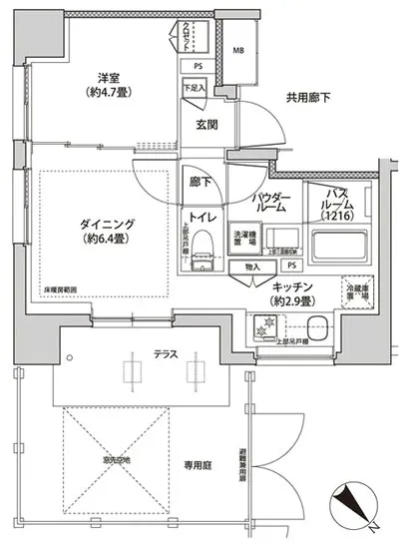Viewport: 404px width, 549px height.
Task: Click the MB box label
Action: tap(239, 50)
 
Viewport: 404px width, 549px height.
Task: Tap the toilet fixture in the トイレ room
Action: tap(202, 247)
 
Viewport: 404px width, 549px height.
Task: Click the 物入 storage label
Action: tap(251, 268)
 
